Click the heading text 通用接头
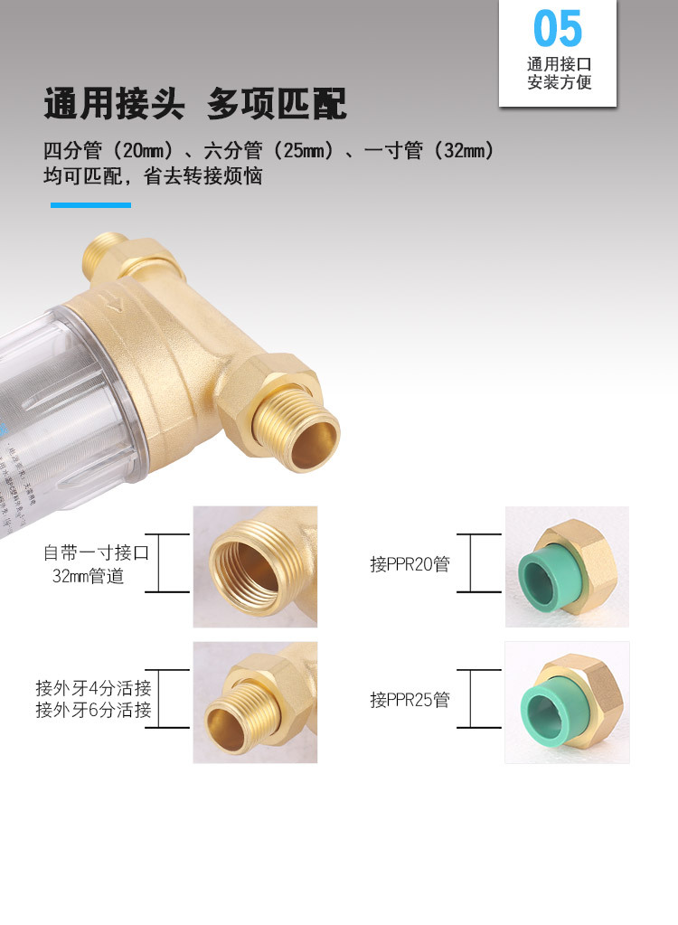click(x=114, y=105)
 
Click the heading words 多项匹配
click(x=277, y=105)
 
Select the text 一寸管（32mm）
click(x=428, y=151)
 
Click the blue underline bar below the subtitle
click(x=90, y=205)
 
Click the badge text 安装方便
click(x=559, y=83)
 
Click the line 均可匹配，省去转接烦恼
click(x=153, y=176)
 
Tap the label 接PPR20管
click(x=410, y=564)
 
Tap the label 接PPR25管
click(x=410, y=700)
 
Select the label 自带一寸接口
click(x=96, y=552)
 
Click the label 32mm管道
click(x=88, y=576)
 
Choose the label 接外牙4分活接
click(x=93, y=687)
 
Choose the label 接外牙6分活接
click(x=93, y=710)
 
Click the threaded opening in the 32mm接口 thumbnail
click(x=250, y=570)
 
